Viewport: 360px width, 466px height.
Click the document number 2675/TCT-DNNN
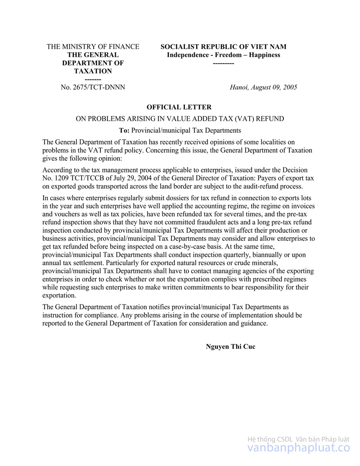(x=93, y=87)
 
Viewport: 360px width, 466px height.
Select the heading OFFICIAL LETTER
(x=179, y=107)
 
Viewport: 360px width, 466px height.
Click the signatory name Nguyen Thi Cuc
(x=230, y=347)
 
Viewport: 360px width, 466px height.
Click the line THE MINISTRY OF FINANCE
(x=93, y=47)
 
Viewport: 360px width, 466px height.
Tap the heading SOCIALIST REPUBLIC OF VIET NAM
(x=223, y=47)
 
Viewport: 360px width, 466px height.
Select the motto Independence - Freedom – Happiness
(x=223, y=55)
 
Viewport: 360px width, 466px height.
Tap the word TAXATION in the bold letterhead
(x=93, y=71)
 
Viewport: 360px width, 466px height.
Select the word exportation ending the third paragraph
(x=59, y=296)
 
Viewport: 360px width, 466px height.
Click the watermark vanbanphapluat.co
(x=299, y=448)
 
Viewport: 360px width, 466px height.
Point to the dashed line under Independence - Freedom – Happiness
(x=223, y=63)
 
